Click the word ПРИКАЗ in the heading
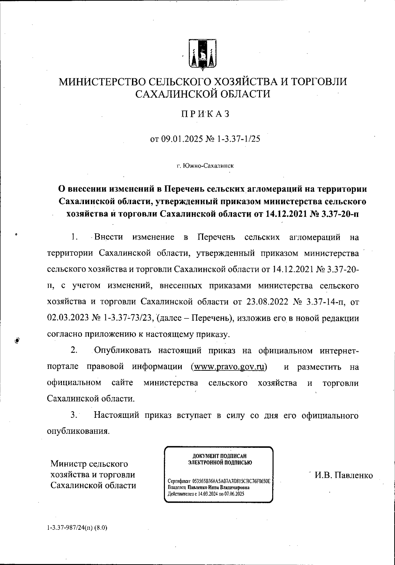point(203,114)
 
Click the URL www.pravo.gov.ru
point(229,367)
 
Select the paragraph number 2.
point(74,350)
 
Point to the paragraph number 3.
point(74,415)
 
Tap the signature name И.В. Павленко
point(343,475)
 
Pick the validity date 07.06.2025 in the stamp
point(232,494)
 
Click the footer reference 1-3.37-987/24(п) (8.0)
point(77,527)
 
